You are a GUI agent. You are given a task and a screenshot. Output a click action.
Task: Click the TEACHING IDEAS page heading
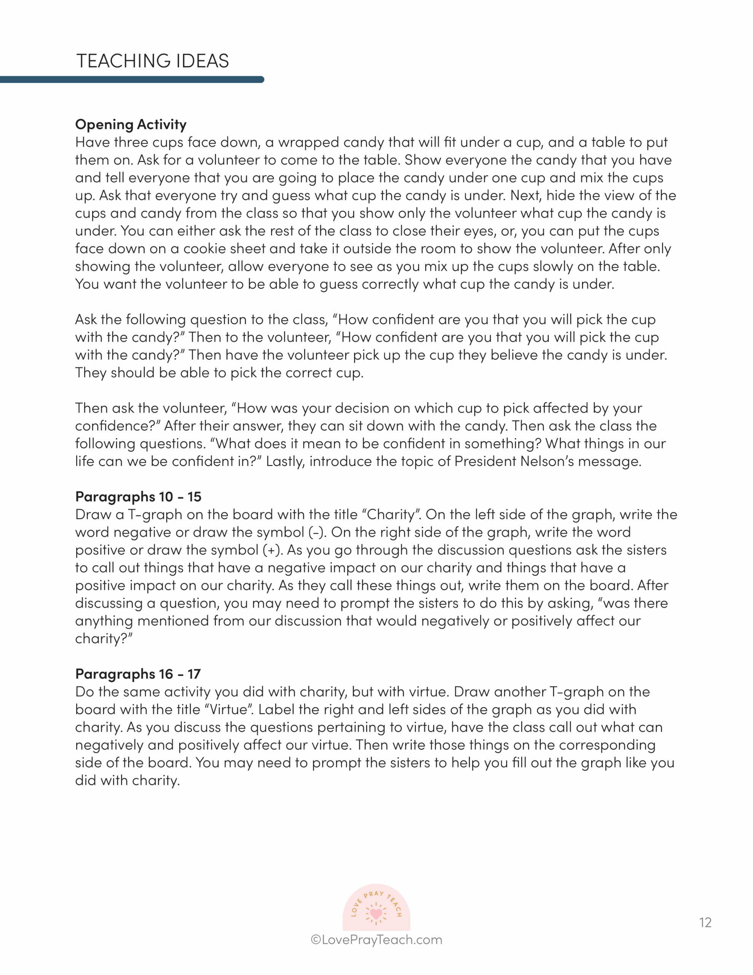[153, 61]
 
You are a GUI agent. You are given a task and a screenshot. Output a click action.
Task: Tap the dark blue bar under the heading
[132, 80]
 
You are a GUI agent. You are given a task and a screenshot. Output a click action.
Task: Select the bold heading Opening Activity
[131, 124]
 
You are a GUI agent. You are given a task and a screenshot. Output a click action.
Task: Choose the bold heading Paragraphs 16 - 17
[138, 674]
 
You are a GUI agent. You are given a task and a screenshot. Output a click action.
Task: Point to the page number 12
[705, 922]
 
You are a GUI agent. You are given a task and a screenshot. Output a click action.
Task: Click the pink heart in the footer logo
[376, 913]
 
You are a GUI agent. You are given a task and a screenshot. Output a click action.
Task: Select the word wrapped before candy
[308, 142]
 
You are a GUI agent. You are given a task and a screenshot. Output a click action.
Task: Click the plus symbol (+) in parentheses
[272, 550]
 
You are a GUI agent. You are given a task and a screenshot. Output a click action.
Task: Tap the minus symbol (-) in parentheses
[316, 532]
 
